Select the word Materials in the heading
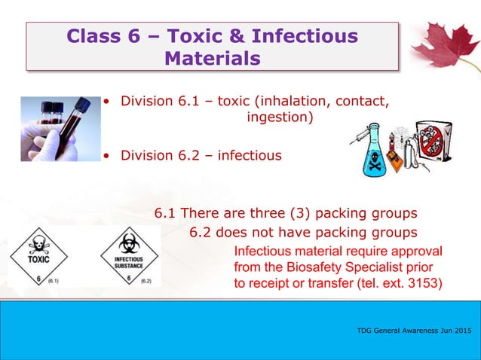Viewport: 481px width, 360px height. tap(213, 57)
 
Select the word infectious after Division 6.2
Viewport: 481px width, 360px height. tap(250, 157)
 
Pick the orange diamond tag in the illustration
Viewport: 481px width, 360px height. tap(393, 157)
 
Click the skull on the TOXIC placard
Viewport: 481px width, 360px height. tap(38, 245)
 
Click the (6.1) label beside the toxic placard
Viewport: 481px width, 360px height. tap(55, 280)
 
